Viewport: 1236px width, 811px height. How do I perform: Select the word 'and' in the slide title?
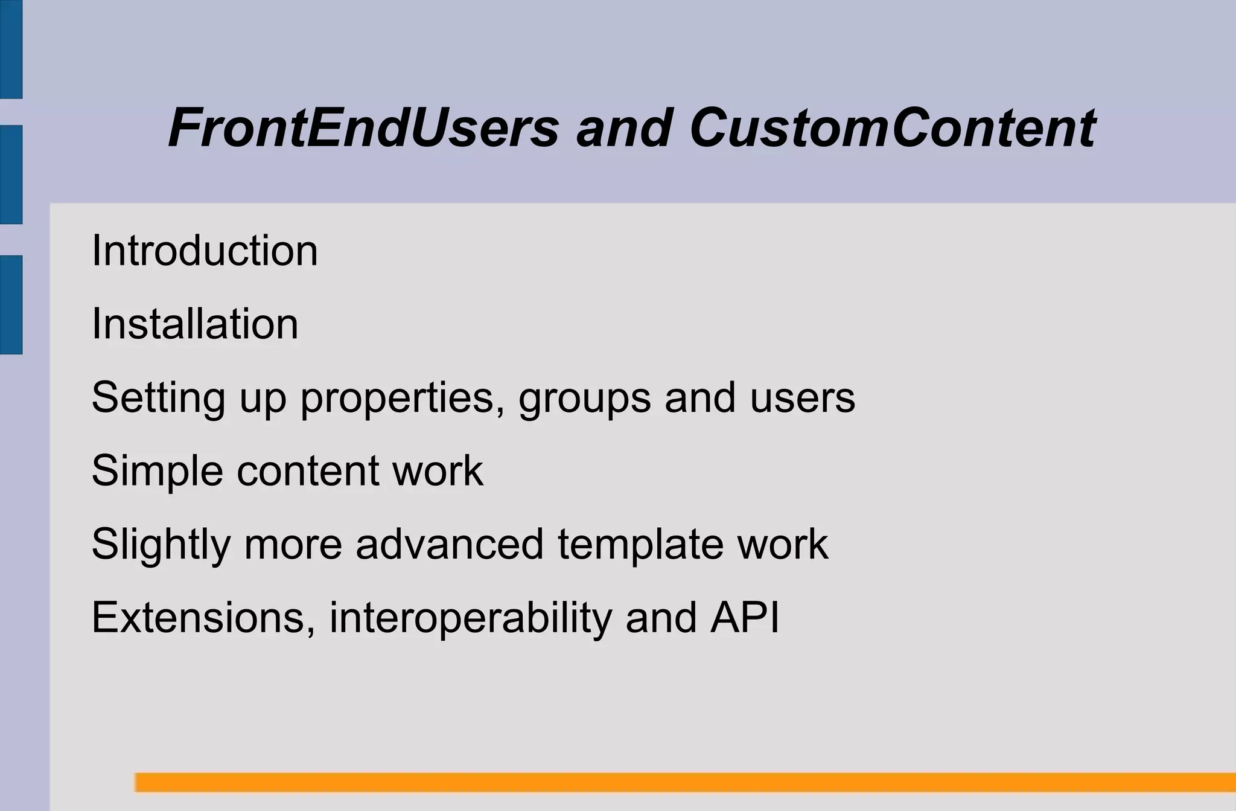point(624,127)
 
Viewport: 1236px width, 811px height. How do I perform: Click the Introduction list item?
point(205,251)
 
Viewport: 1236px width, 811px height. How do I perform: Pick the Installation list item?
point(195,324)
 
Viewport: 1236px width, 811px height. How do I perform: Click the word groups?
point(584,399)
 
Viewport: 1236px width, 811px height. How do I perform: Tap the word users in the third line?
point(802,399)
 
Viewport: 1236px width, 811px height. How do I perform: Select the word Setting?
point(158,399)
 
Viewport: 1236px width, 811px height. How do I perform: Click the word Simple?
point(157,471)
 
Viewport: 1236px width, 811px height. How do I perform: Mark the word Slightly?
point(161,545)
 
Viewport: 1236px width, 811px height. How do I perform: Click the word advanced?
point(450,545)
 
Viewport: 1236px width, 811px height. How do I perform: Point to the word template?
point(640,545)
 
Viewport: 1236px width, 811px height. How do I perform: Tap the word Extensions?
point(203,618)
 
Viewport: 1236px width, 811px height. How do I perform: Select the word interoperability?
point(470,618)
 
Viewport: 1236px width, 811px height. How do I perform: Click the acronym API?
point(744,618)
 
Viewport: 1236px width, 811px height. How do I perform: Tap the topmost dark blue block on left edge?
point(11,48)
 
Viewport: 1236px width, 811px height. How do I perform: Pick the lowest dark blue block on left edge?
point(11,304)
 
